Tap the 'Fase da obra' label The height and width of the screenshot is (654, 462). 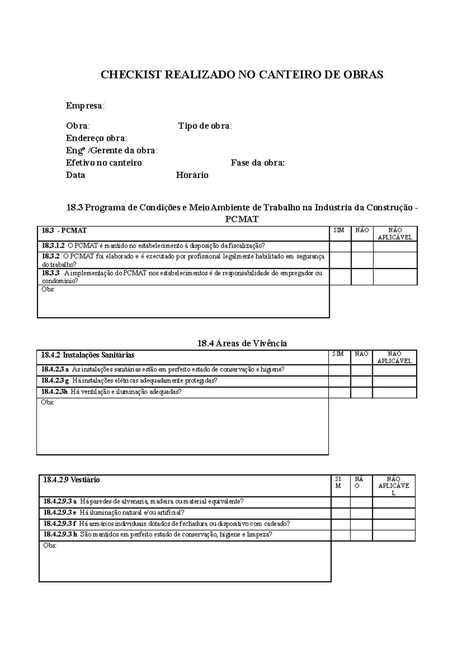258,163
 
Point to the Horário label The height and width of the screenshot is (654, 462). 192,175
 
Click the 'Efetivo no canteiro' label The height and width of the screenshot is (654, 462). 104,163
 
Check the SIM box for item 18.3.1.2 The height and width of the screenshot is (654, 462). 340,247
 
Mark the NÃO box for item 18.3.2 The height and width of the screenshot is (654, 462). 362,260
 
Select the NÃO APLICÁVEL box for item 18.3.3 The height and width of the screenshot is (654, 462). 395,277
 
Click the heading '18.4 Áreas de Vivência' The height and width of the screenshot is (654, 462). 242,343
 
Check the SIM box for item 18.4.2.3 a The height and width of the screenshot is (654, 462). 339,371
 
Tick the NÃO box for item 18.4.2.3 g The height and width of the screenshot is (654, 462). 361,381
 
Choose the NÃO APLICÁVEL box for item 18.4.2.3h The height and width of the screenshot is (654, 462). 394,392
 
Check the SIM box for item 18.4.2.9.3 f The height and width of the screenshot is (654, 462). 341,524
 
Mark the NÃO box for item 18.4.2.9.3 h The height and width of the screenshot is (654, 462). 361,535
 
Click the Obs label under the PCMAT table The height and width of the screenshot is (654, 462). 48,289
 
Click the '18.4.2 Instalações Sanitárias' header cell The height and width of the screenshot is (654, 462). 88,355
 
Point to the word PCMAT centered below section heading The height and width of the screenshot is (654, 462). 242,219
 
